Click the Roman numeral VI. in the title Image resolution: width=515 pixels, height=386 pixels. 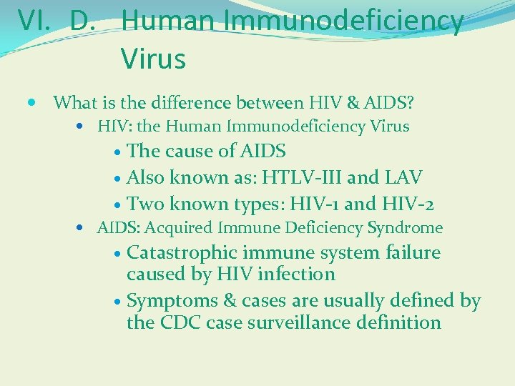pyautogui.click(x=36, y=21)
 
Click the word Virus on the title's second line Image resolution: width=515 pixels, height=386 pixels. pyautogui.click(x=153, y=58)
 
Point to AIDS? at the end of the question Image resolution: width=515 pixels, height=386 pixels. pyautogui.click(x=389, y=103)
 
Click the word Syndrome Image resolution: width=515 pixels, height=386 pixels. pyautogui.click(x=405, y=228)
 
